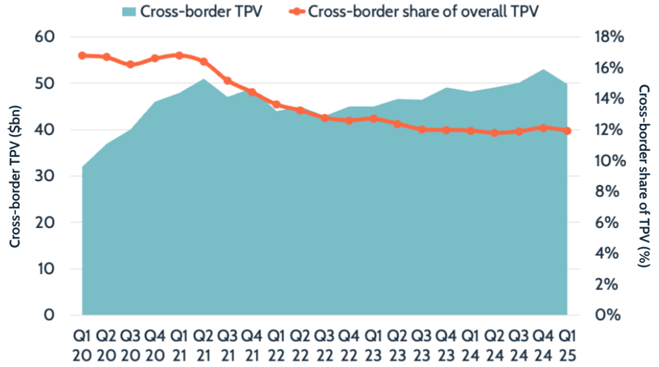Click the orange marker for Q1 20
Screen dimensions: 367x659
(x=82, y=56)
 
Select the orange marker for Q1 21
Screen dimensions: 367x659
(x=179, y=56)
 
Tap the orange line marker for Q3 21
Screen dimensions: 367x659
(x=227, y=81)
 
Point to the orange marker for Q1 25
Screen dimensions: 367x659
(x=567, y=131)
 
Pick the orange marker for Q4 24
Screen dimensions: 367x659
(x=543, y=128)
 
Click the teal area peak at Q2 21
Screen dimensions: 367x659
(x=203, y=79)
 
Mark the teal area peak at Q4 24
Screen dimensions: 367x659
(x=543, y=70)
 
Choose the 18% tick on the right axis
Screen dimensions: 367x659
(x=609, y=37)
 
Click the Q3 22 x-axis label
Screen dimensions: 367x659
(x=325, y=342)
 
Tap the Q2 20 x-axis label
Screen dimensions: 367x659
(x=107, y=342)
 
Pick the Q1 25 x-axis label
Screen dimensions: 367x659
(x=567, y=342)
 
